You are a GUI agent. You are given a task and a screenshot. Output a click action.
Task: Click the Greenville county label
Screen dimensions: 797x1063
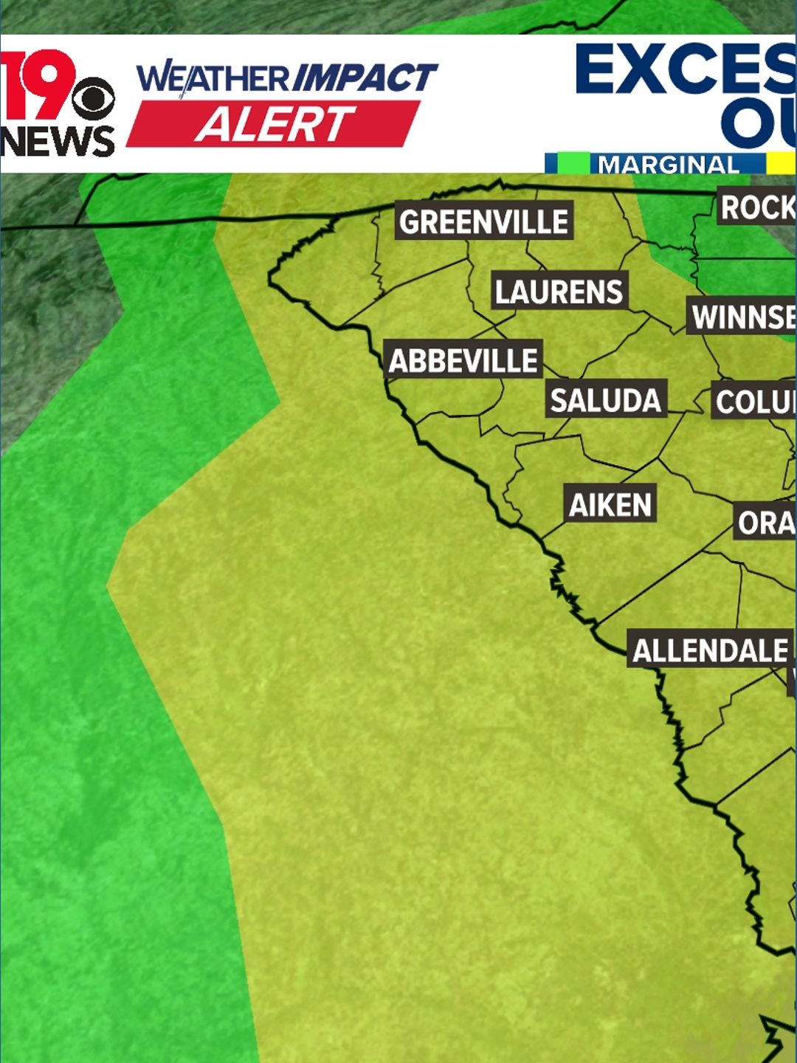tap(484, 221)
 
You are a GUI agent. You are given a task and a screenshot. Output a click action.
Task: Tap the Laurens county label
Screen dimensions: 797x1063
tap(559, 292)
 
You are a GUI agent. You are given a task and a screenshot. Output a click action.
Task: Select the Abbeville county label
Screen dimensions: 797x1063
tap(463, 360)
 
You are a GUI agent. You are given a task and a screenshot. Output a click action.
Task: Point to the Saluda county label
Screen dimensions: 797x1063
tap(605, 400)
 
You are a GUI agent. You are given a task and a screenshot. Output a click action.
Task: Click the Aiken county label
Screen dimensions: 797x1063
tap(610, 505)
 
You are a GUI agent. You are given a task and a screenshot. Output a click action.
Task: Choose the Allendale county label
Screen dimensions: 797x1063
tap(711, 650)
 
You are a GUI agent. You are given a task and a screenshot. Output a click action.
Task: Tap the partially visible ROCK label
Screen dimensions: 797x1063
tap(757, 207)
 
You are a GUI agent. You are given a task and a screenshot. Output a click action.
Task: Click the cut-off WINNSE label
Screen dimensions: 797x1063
tap(742, 317)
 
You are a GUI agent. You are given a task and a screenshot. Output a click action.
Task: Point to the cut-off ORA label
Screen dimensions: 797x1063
tap(766, 523)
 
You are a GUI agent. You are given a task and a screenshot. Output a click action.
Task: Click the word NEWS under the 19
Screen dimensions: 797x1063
tap(58, 141)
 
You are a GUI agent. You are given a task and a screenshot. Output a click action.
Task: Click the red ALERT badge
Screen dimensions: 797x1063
tap(274, 124)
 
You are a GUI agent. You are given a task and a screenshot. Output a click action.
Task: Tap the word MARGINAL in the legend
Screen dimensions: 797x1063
tap(668, 164)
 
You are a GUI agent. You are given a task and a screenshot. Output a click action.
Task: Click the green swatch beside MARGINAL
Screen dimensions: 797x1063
tap(573, 163)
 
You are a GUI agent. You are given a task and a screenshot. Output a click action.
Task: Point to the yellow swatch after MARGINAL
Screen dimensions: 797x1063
tap(781, 163)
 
